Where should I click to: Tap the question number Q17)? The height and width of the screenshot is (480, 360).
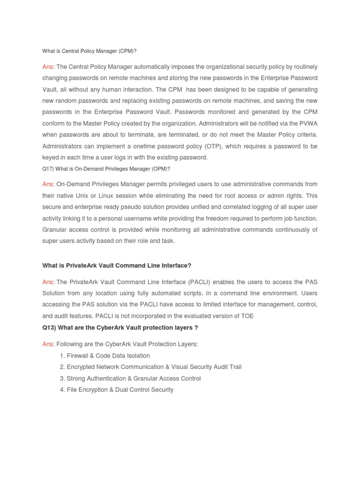(x=49, y=169)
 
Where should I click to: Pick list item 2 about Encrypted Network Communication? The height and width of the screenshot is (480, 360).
(x=150, y=367)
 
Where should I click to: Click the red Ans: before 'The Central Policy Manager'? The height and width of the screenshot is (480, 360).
(x=48, y=67)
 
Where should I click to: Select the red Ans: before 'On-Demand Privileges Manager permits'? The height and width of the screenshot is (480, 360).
(x=48, y=184)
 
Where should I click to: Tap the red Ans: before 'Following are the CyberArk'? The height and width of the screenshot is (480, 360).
(x=48, y=344)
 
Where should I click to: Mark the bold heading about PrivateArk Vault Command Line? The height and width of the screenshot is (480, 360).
(x=117, y=265)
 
